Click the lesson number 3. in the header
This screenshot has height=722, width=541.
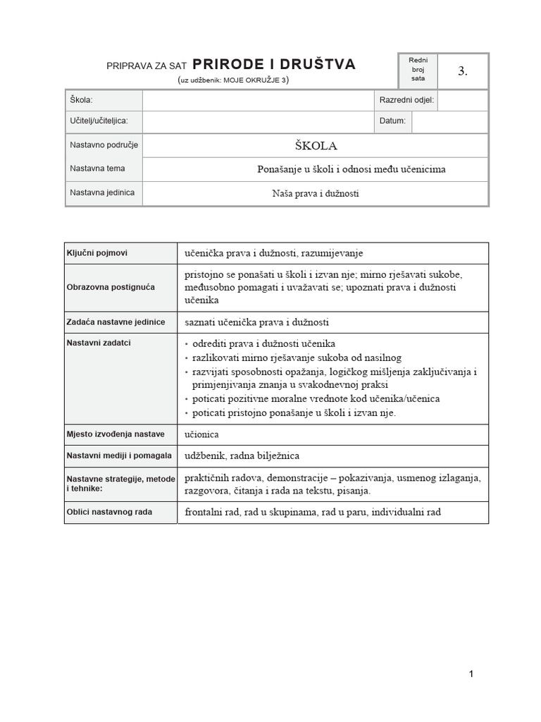tap(463, 71)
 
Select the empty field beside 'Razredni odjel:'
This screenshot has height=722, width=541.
tap(462, 101)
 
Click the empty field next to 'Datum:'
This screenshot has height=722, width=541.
tap(449, 121)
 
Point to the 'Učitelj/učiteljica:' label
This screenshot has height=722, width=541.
tap(99, 121)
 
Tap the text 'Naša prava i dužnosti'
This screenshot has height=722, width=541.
tap(316, 192)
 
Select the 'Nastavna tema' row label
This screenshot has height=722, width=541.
tap(97, 169)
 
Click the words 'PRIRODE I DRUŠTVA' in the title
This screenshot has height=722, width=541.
tap(274, 65)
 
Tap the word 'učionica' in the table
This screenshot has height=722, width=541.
tap(201, 435)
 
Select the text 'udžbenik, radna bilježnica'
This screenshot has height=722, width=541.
tap(242, 456)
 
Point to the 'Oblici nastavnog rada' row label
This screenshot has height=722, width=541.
tap(110, 512)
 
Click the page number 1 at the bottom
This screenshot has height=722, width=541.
tap(471, 674)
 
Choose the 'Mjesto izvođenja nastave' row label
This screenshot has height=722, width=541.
tap(116, 434)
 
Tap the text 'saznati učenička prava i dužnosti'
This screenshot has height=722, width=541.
tap(256, 322)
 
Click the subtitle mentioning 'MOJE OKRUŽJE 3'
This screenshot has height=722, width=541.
tap(234, 80)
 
